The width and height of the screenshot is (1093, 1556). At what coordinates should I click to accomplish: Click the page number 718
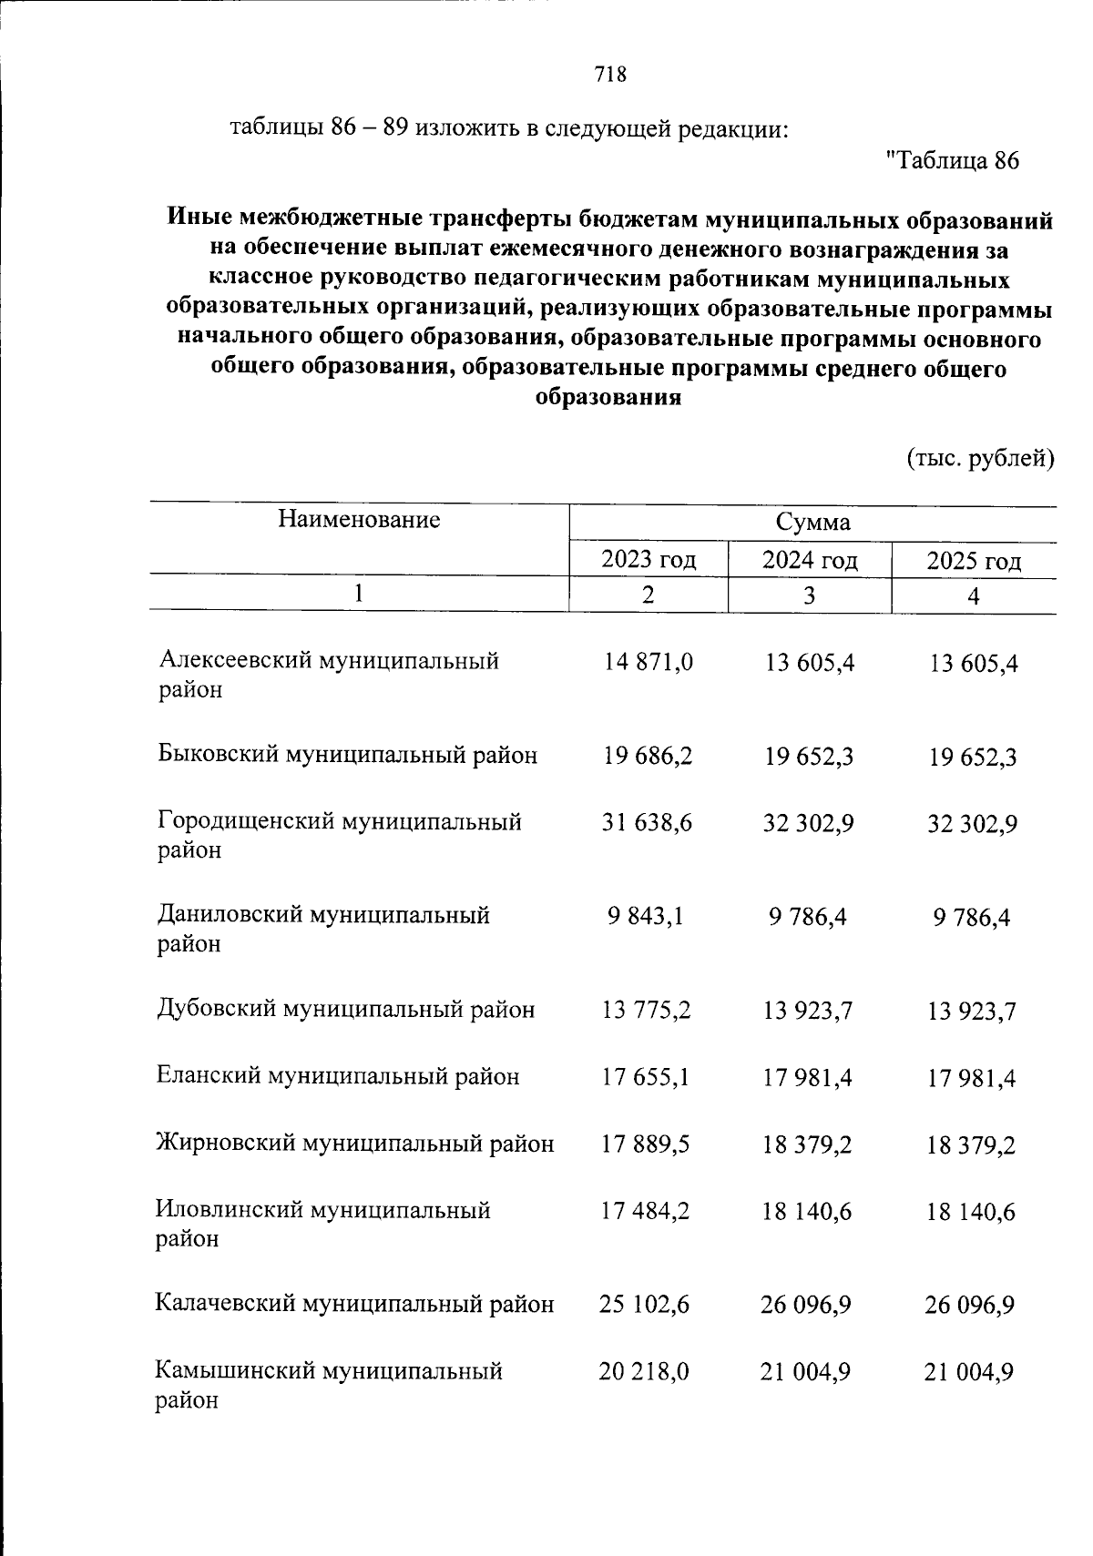point(609,75)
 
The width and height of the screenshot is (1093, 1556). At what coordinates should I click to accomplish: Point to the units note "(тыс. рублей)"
point(979,458)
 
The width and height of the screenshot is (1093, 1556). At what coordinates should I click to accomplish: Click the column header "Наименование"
point(359,520)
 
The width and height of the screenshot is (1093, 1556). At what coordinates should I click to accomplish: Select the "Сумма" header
point(812,523)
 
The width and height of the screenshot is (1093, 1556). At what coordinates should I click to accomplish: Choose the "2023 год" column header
point(649,560)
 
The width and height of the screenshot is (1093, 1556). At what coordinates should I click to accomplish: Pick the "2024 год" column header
point(810,560)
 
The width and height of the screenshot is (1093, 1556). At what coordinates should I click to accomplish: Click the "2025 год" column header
point(974,561)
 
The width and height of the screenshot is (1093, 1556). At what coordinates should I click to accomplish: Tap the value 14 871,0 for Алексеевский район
point(648,663)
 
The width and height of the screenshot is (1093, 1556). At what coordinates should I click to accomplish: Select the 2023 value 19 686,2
point(647,756)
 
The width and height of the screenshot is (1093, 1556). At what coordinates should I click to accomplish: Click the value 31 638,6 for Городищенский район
point(647,823)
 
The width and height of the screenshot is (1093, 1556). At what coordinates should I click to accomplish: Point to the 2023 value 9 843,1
point(647,917)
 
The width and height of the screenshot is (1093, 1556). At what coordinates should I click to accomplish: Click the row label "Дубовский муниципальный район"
point(345,1010)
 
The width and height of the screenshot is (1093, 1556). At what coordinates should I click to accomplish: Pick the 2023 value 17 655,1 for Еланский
point(646,1077)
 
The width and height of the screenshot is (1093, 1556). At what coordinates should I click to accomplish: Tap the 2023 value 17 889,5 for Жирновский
point(646,1144)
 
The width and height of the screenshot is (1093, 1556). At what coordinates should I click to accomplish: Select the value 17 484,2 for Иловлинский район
point(646,1211)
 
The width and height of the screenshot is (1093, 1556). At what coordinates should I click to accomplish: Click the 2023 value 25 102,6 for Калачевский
point(645,1305)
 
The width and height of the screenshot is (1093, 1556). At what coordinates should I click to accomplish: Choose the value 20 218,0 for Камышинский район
point(645,1371)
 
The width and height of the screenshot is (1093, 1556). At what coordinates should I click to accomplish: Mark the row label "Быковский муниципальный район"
point(347,755)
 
